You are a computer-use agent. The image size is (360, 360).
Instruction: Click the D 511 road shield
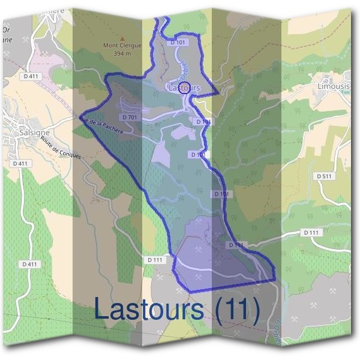point(323,176)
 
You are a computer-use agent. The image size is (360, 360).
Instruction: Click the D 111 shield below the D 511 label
point(311,232)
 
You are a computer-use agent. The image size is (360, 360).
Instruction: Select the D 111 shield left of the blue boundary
point(155,260)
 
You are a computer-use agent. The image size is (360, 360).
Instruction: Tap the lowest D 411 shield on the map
point(29,264)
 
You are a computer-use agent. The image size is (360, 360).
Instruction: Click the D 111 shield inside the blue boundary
point(236,245)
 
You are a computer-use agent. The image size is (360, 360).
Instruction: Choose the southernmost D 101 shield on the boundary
point(221,194)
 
